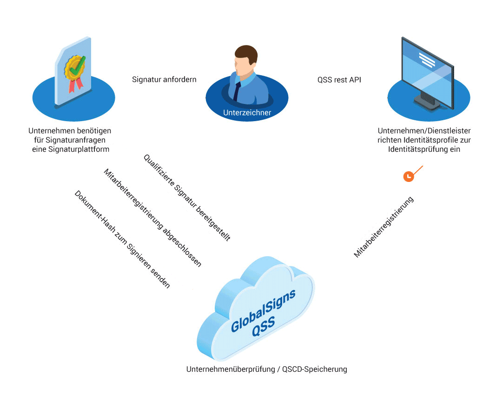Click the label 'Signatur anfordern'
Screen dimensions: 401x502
[164, 79]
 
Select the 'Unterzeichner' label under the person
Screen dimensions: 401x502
[247, 112]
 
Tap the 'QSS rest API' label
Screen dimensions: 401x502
[339, 79]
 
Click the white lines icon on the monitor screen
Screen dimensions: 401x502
[427, 60]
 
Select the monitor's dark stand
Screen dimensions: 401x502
[427, 98]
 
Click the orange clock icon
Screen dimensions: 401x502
[408, 176]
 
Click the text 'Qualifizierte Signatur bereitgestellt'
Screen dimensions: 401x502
[187, 198]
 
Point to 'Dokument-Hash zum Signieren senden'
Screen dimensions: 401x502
[122, 239]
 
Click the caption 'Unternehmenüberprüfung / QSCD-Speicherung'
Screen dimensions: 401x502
[266, 369]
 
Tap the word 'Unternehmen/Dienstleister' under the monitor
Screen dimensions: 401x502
[424, 130]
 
